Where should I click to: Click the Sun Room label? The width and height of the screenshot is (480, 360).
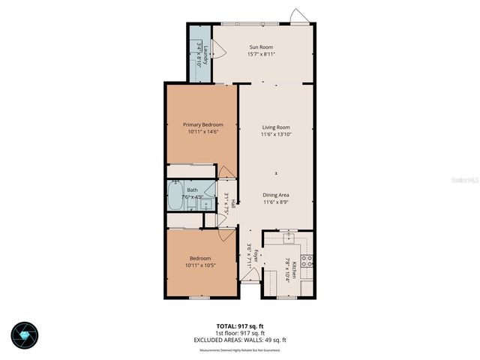coord(260,46)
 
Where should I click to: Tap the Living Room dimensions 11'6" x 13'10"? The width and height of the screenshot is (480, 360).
coord(275,135)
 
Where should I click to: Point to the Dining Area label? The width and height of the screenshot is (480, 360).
coord(275,194)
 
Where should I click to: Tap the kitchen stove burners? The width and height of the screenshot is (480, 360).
coord(308,262)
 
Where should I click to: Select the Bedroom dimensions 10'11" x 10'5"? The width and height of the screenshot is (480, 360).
coord(200,265)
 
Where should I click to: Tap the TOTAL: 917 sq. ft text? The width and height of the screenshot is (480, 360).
coord(238,325)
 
